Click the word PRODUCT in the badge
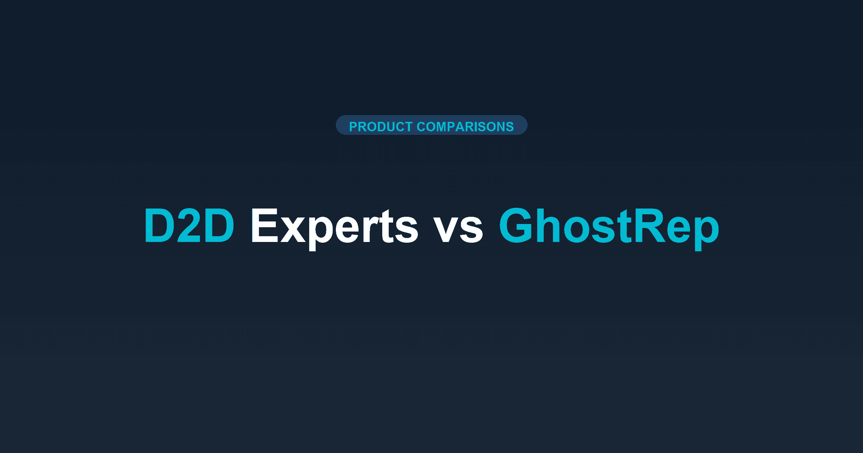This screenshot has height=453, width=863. (381, 127)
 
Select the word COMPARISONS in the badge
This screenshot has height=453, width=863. (465, 127)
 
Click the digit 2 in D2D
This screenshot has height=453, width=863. (190, 226)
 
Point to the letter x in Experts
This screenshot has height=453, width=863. (293, 230)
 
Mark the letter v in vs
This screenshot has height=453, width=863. (446, 230)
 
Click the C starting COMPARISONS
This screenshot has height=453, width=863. (421, 127)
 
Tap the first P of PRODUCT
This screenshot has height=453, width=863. (353, 127)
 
